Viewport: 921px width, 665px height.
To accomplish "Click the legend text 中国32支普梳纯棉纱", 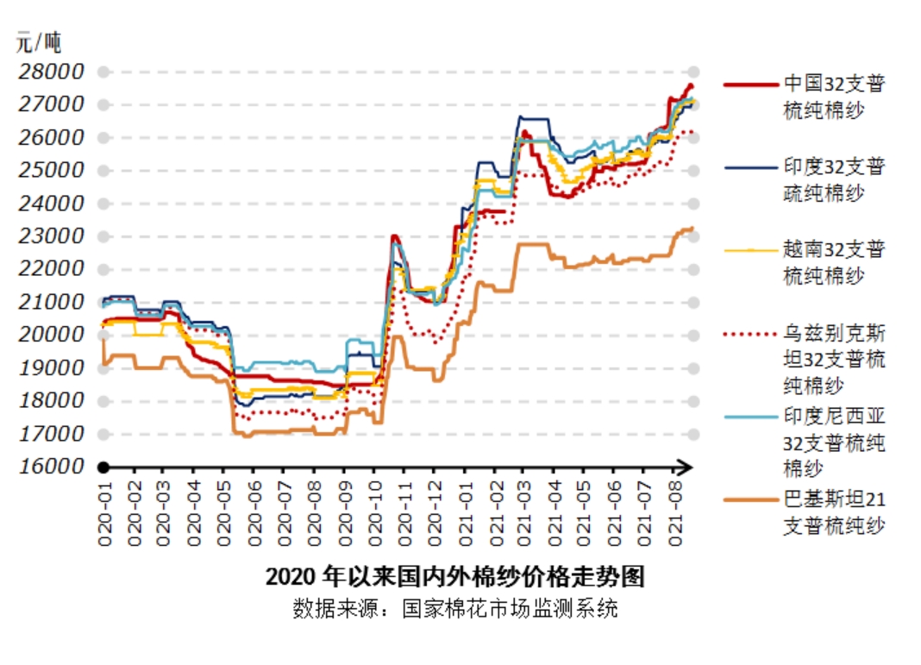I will [x=834, y=96].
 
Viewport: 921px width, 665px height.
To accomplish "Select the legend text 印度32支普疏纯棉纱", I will [x=834, y=179].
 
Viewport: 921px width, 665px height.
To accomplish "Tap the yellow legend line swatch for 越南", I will [x=751, y=250].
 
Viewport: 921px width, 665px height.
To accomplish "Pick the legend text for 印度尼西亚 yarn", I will [x=834, y=442].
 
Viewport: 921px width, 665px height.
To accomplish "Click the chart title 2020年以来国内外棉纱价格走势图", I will [x=454, y=576].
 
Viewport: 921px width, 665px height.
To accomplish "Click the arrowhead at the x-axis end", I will [x=685, y=467].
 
